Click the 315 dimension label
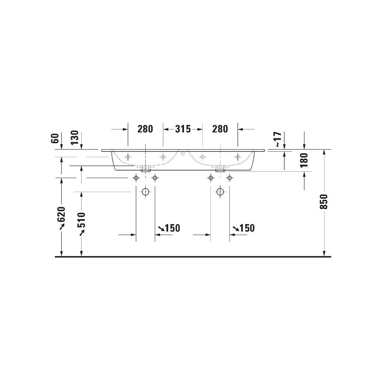click(183, 129)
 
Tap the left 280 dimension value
click(145, 129)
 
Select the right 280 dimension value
click(220, 129)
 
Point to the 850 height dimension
click(324, 202)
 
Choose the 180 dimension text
click(304, 160)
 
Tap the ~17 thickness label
click(278, 140)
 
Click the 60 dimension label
click(55, 138)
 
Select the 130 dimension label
click(75, 138)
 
